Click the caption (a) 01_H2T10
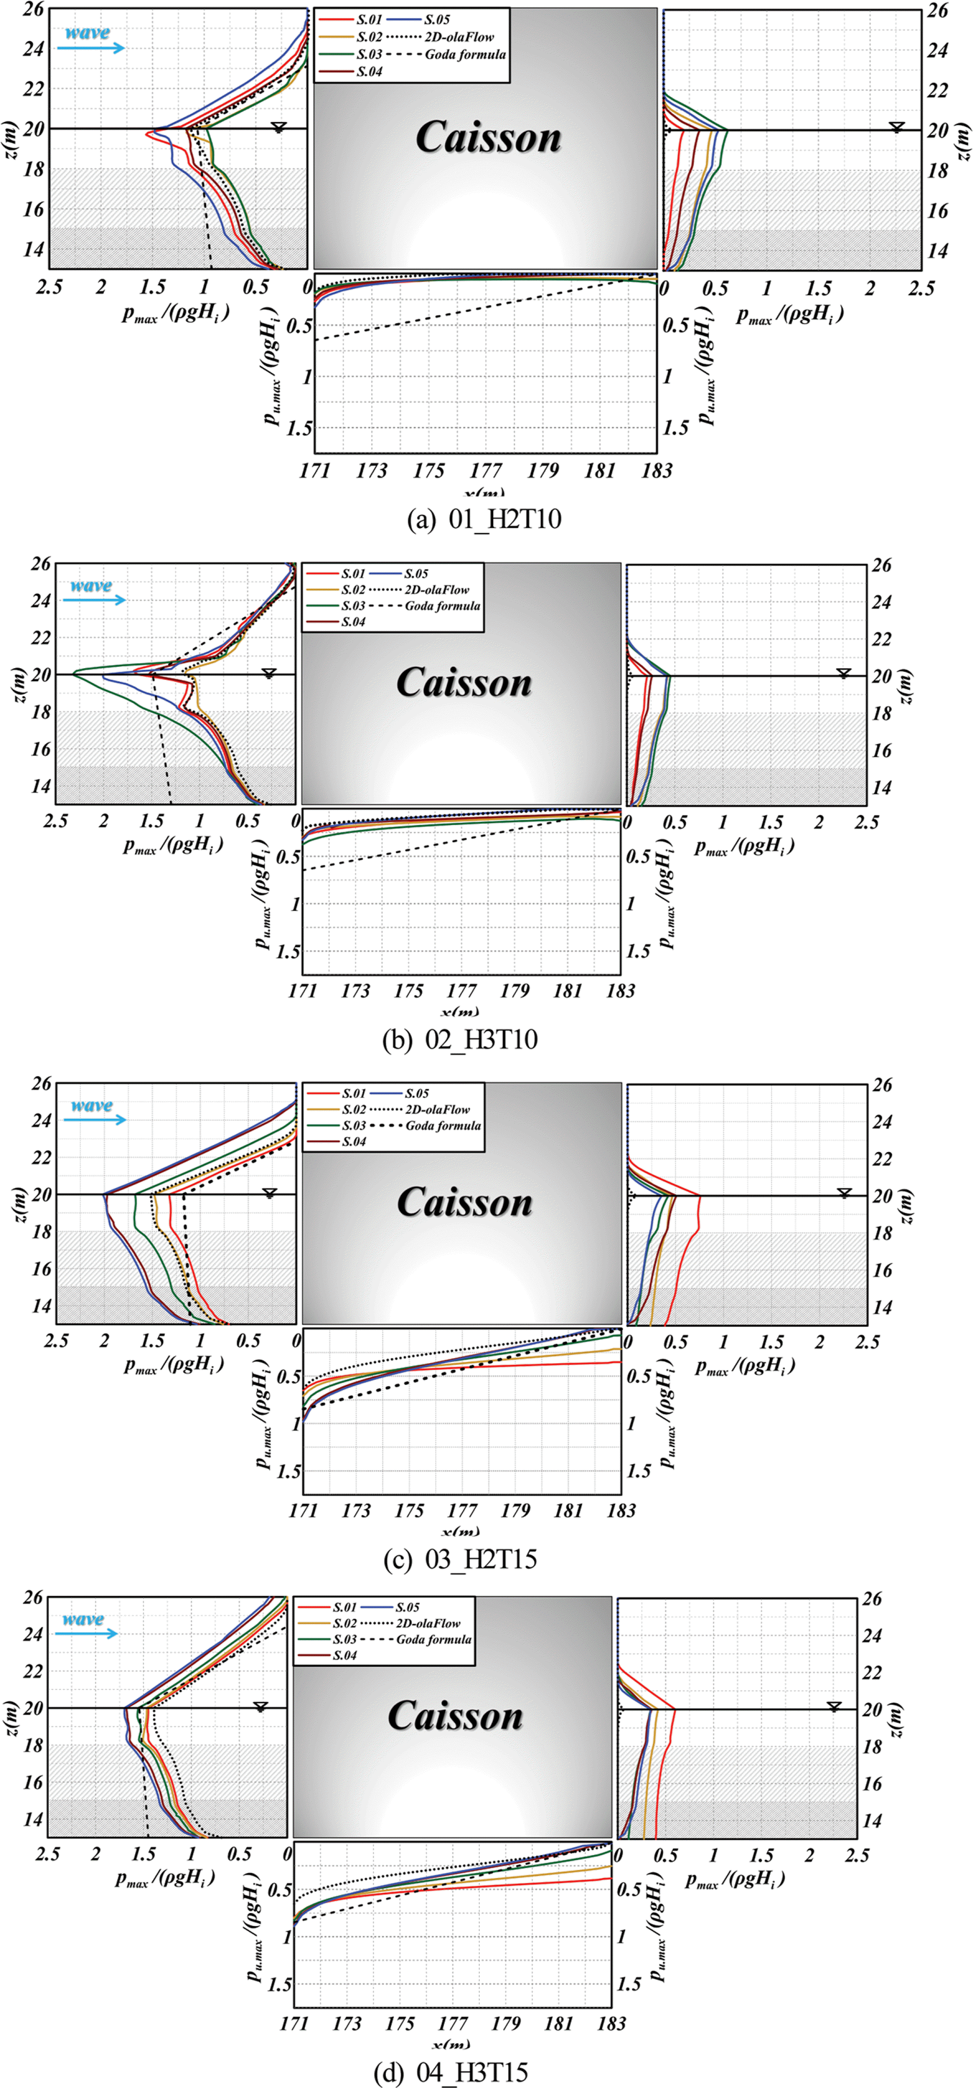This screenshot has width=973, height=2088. tap(484, 519)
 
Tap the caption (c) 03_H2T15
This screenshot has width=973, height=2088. tap(460, 1559)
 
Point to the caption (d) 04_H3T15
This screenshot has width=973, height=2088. tap(451, 2073)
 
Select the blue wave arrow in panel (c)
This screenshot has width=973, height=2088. tap(96, 1119)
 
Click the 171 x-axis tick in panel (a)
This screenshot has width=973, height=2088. tap(314, 470)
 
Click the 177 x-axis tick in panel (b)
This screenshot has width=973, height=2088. tap(461, 991)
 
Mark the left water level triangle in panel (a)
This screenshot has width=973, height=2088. tap(278, 126)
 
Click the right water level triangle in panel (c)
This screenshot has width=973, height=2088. tap(844, 1192)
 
